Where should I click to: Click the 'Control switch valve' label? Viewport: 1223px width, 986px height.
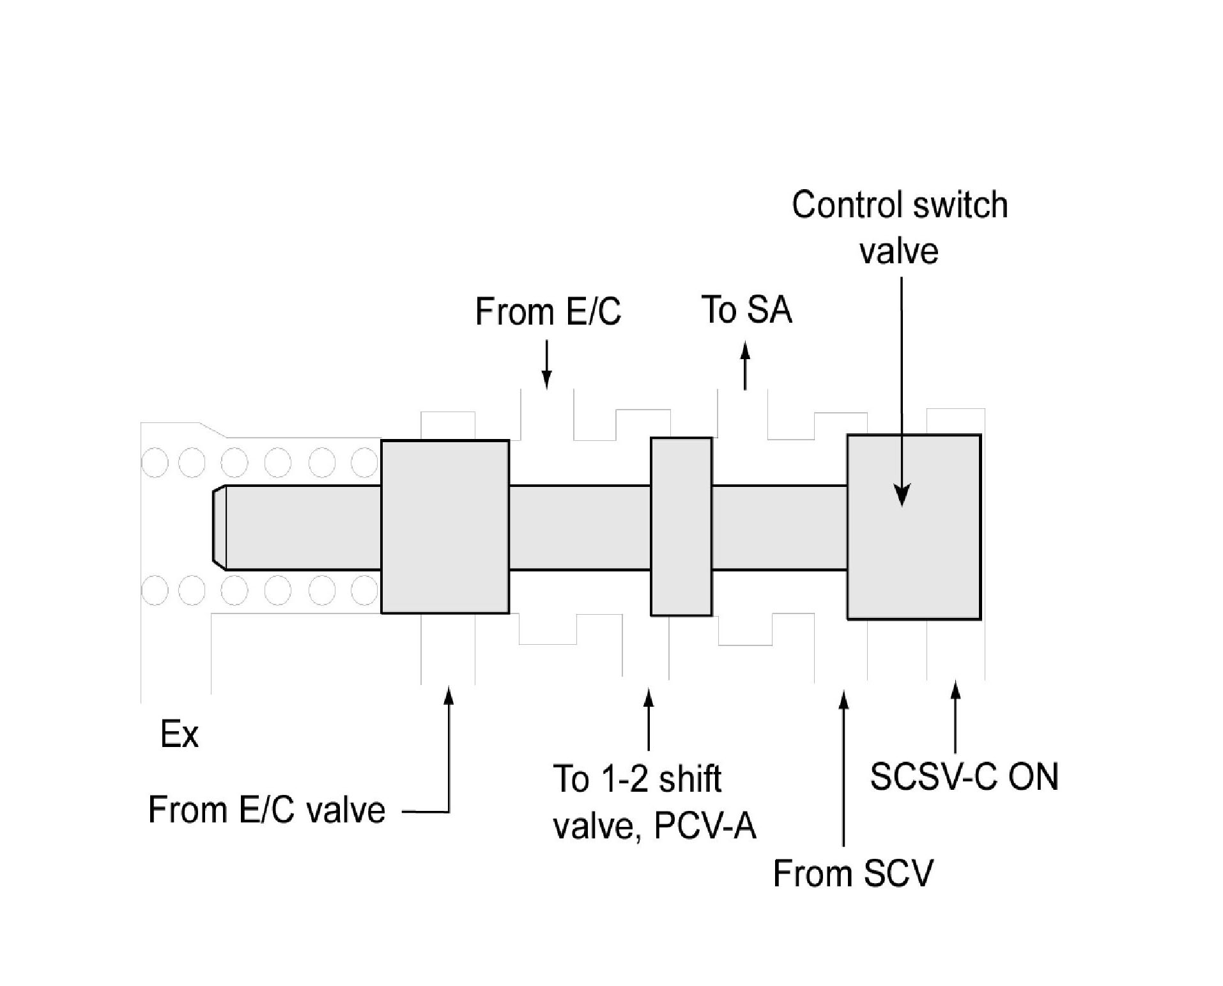coord(899,227)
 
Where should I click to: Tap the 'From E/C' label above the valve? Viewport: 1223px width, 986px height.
coord(548,312)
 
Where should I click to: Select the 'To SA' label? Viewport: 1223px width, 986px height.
coord(746,310)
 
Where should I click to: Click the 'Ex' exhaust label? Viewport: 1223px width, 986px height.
coord(179,734)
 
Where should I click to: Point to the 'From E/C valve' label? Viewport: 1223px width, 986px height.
coord(266,810)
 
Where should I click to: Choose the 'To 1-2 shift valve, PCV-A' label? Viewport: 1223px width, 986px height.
coord(654,802)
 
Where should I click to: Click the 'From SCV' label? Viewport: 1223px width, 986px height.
coord(853,873)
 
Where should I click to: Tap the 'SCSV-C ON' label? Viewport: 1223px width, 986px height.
coord(964,777)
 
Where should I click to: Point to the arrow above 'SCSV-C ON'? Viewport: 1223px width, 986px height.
coord(955,717)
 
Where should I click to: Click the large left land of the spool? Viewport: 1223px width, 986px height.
coord(445,527)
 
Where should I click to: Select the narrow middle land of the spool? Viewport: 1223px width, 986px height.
coord(681,527)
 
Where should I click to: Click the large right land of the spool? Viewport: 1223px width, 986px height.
coord(914,562)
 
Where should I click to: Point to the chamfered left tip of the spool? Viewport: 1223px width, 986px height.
coord(219,527)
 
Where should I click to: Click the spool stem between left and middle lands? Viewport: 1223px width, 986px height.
coord(580,527)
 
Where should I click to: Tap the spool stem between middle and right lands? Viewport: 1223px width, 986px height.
coord(779,527)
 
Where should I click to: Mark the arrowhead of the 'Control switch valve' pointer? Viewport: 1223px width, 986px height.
coord(902,496)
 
